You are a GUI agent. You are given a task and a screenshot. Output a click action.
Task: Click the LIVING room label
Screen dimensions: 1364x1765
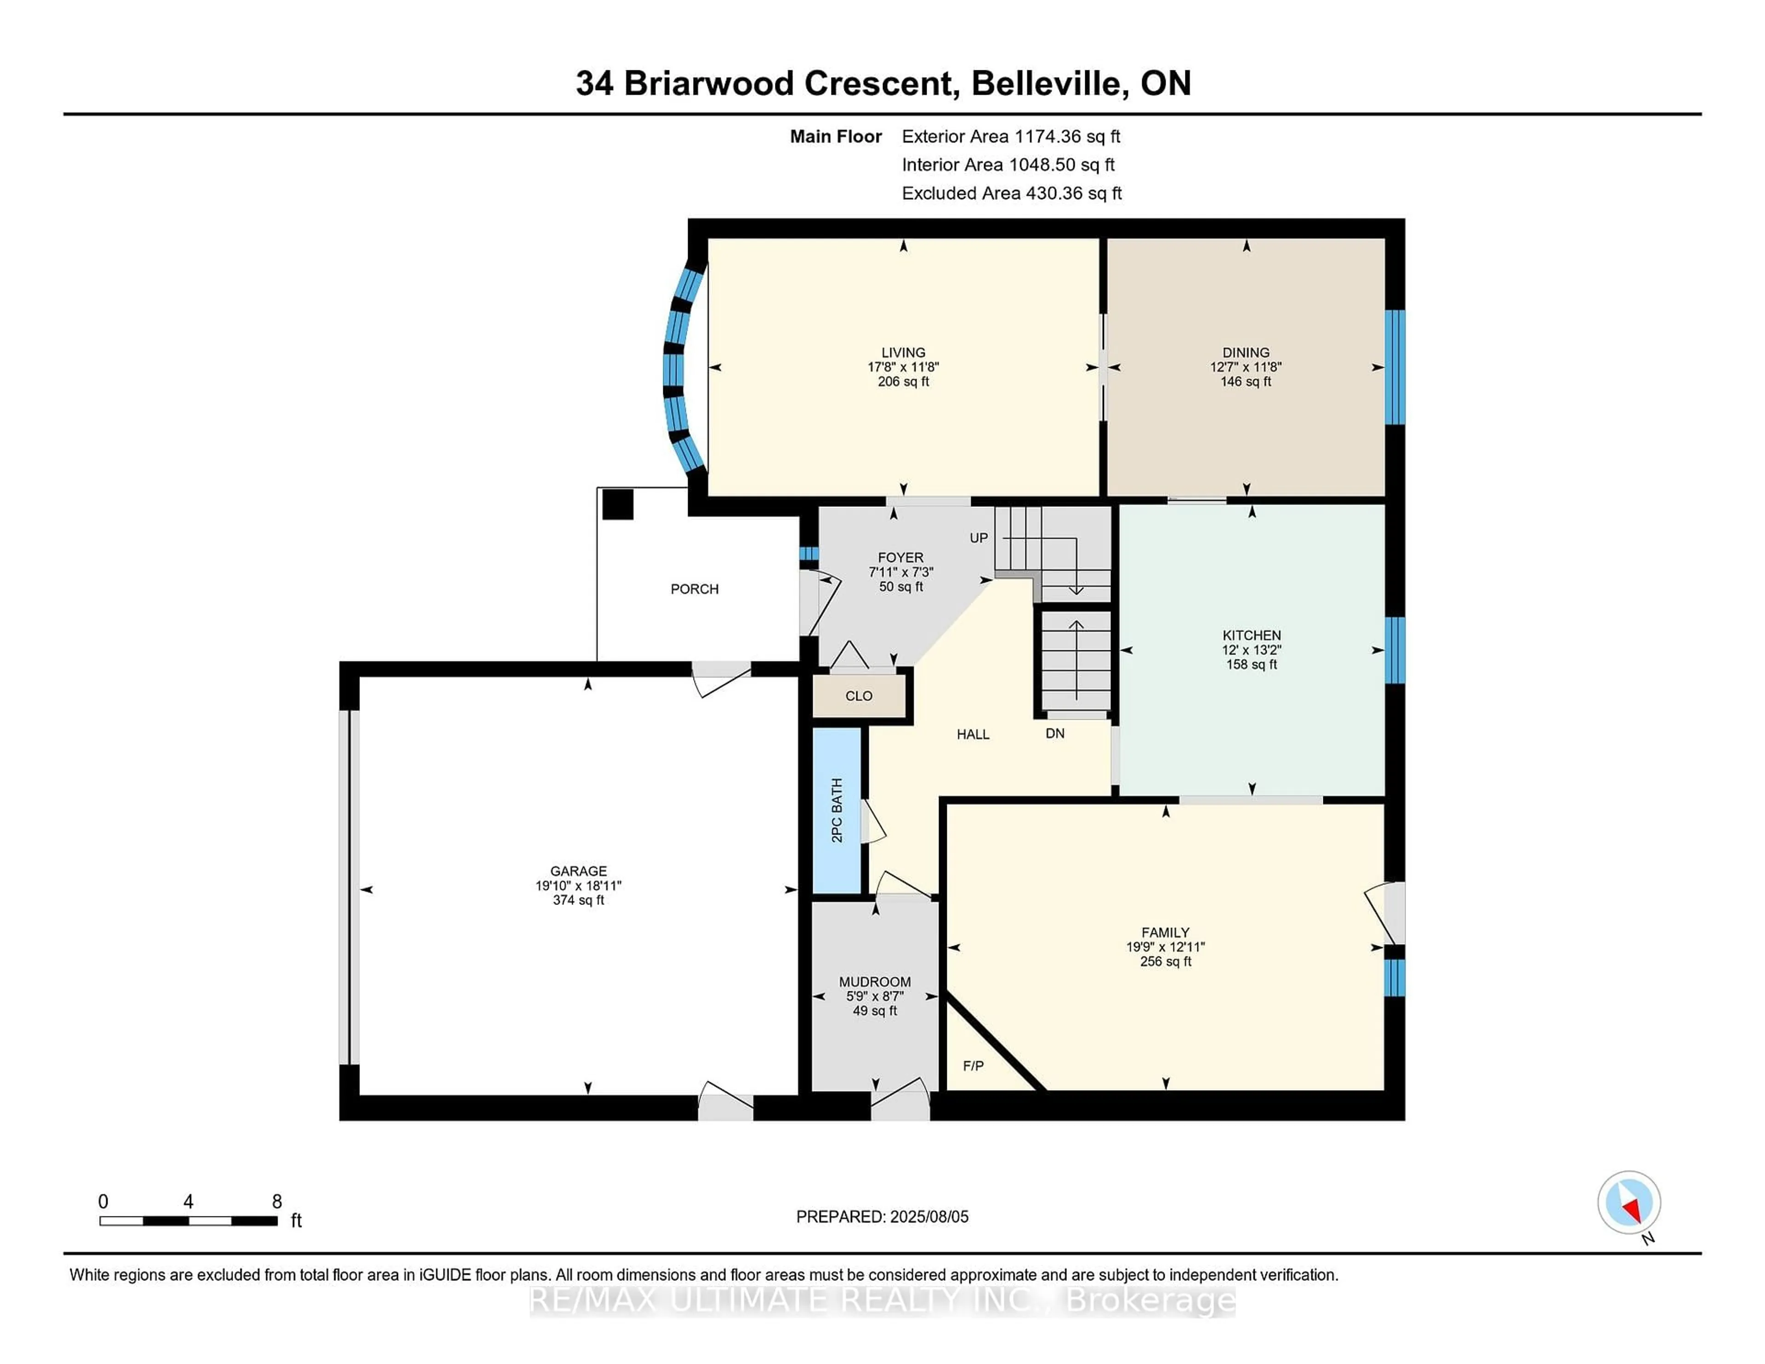click(x=903, y=352)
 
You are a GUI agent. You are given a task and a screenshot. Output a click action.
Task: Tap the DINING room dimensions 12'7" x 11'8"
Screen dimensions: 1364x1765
click(x=1245, y=367)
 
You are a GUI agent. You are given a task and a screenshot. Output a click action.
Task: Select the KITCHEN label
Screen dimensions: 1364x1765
click(x=1251, y=635)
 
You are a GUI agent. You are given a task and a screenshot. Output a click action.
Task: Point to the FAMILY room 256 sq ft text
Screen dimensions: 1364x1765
click(x=1165, y=961)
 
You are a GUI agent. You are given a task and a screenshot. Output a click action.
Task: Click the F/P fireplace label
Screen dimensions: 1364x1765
click(x=973, y=1066)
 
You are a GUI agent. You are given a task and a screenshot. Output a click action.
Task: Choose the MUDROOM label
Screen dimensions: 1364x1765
click(x=874, y=982)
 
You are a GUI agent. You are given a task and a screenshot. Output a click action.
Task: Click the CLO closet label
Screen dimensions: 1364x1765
click(x=858, y=696)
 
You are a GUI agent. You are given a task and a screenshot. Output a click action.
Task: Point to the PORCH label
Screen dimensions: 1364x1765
click(x=694, y=589)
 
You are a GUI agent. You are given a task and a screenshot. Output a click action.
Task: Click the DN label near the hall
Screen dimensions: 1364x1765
click(x=1055, y=734)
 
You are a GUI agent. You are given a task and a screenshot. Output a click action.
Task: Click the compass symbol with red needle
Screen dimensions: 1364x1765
click(x=1628, y=1202)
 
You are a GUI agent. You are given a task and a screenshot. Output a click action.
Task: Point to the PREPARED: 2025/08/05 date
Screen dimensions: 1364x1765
click(x=882, y=1217)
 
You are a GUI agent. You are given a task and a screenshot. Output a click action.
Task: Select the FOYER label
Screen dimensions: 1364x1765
click(x=900, y=557)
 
